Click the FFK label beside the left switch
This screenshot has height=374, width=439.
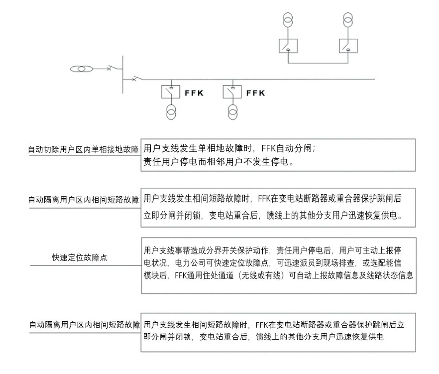[194, 93]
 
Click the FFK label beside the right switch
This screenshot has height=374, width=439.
[255, 93]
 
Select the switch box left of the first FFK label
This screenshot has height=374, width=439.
[170, 91]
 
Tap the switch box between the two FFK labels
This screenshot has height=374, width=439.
[232, 91]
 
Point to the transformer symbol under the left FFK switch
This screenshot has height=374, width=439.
[171, 112]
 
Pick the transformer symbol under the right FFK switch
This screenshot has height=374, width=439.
[232, 112]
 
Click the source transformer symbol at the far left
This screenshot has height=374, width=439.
[82, 69]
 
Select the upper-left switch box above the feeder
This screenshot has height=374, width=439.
[288, 46]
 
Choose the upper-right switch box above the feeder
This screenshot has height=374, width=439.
[348, 46]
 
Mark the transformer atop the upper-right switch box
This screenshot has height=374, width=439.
[348, 19]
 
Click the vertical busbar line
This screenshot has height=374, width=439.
[123, 75]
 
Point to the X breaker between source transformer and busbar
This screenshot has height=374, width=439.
[109, 68]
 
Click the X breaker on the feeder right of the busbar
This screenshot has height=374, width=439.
[134, 79]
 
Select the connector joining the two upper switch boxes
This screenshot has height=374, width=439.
[318, 63]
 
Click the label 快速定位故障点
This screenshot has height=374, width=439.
[79, 258]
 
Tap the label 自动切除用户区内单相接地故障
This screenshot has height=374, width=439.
[83, 150]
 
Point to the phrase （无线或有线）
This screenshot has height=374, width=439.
[260, 276]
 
